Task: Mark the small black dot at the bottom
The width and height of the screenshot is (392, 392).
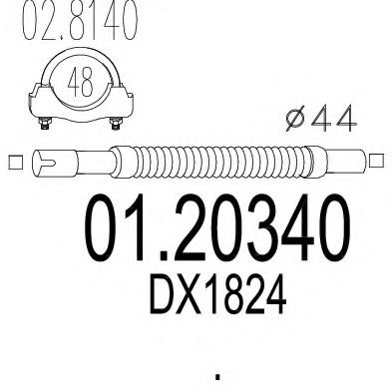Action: pyautogui.click(x=217, y=378)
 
